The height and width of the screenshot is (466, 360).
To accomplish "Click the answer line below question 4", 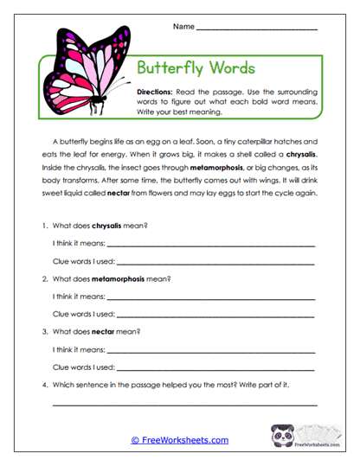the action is click(x=185, y=404).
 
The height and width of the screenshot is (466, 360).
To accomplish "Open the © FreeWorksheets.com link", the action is click(x=180, y=440).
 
